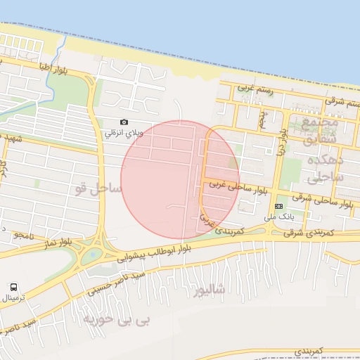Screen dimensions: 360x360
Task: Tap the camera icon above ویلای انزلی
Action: coord(124,122)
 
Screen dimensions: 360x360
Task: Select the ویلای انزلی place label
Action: coord(123,132)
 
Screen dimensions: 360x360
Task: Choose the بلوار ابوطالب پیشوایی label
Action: coord(172,252)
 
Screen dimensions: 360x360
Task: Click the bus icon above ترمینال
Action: coord(14,287)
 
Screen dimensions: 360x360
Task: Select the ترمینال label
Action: coord(14,297)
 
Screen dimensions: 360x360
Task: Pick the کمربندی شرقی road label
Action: coord(320,232)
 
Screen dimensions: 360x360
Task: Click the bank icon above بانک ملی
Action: coord(279,206)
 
